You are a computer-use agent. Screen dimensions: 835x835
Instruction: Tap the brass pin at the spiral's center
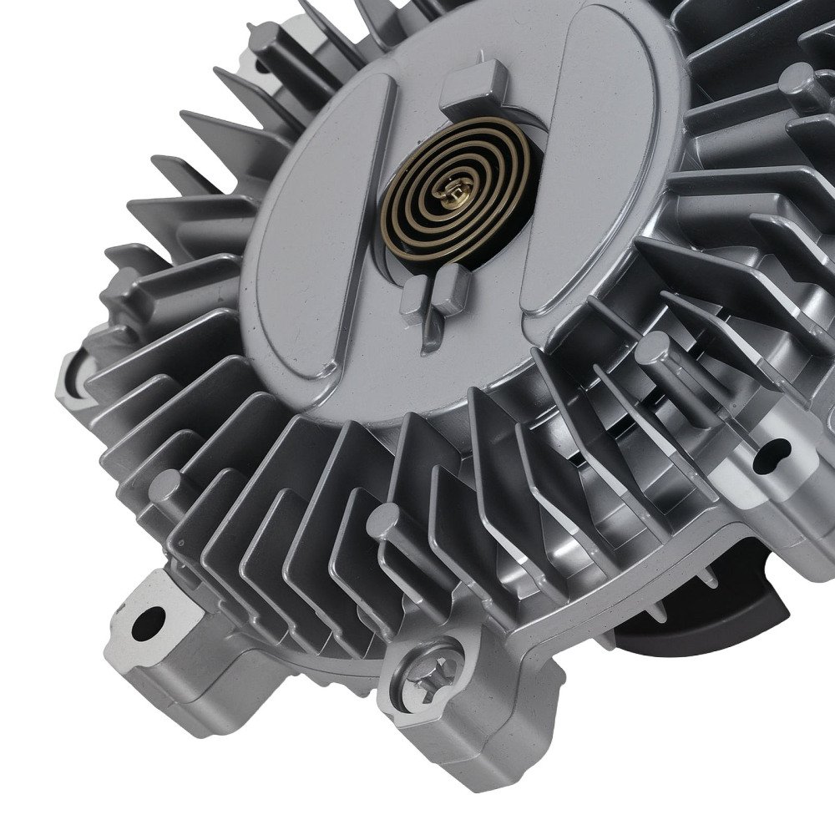pyautogui.click(x=456, y=197)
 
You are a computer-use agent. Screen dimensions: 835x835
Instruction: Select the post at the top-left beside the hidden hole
pyautogui.click(x=266, y=38)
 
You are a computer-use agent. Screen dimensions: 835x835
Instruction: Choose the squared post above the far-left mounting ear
pyautogui.click(x=117, y=284)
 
